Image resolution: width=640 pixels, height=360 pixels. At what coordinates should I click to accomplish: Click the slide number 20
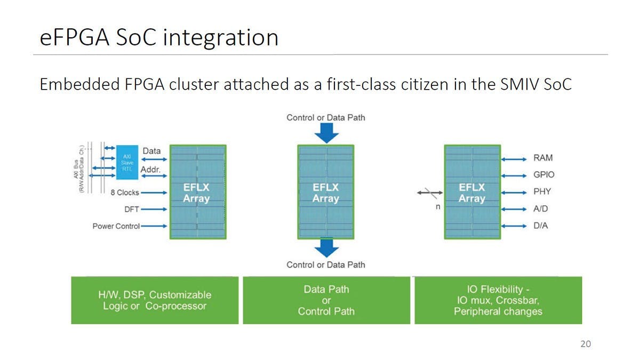(x=586, y=344)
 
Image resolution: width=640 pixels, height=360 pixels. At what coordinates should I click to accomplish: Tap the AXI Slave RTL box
(x=127, y=159)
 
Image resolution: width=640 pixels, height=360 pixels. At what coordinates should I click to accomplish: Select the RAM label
(x=543, y=158)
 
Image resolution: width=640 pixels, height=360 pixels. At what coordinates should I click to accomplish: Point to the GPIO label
(x=544, y=174)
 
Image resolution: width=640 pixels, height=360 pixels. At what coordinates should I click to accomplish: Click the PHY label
(x=542, y=191)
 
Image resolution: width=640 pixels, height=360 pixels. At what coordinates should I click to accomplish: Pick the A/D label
(x=541, y=209)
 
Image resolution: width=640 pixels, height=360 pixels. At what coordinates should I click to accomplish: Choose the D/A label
(x=541, y=226)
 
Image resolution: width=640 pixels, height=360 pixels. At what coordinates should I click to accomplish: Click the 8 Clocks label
(x=125, y=193)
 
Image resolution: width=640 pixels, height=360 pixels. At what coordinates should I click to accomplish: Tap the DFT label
(x=132, y=210)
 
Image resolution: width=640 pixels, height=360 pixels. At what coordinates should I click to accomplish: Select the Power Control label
(x=116, y=226)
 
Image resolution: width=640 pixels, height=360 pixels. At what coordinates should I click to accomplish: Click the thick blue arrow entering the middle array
(x=326, y=133)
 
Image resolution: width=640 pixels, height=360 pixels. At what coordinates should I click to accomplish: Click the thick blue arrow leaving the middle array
(x=326, y=247)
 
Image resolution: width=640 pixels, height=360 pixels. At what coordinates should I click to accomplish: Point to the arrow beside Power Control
(x=154, y=226)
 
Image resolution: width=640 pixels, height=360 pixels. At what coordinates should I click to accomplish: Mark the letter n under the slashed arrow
(x=437, y=206)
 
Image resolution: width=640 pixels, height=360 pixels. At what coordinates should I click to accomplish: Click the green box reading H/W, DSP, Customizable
(x=155, y=300)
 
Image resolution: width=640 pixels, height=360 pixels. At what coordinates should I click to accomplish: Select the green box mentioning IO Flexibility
(x=498, y=300)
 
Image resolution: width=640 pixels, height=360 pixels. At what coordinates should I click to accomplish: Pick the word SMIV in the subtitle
(x=511, y=84)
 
